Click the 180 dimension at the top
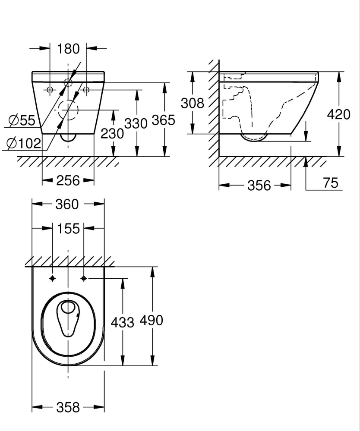coord(68,49)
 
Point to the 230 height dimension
coord(112,134)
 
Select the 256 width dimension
coord(68,180)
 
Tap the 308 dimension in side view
coord(192,104)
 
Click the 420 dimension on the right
coord(339,115)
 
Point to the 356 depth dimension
coord(259,185)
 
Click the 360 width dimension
coord(68,204)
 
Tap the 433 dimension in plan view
coord(123,321)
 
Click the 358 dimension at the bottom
coord(68,407)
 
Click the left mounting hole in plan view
coord(53,278)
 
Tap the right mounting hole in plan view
coord(84,278)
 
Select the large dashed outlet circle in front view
coord(67,110)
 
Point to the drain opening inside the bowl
coord(67,308)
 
